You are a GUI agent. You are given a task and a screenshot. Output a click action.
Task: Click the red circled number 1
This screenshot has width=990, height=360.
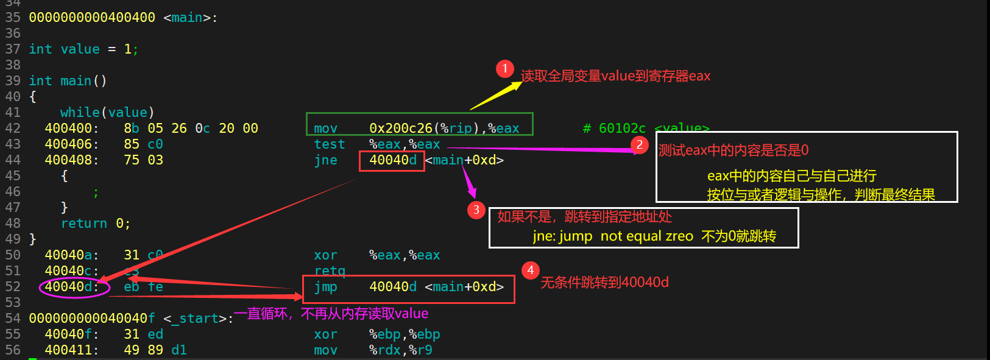point(504,69)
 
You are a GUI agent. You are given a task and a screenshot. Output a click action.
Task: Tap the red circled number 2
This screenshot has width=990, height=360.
point(639,144)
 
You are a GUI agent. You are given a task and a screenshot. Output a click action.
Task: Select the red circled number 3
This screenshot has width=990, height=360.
point(476,210)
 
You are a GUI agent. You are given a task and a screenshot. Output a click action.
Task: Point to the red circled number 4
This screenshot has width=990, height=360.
point(531,270)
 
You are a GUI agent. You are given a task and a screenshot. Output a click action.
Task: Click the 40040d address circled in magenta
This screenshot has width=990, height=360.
point(72,287)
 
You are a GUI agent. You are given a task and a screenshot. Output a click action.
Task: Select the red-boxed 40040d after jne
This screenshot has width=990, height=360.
point(393,160)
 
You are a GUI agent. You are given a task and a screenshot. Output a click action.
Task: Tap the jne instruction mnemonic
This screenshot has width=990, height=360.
point(326,160)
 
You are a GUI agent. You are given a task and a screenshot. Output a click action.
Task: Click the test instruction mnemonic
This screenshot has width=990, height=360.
point(330,144)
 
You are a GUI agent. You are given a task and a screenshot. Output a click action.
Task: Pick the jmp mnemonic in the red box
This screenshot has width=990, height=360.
point(326,287)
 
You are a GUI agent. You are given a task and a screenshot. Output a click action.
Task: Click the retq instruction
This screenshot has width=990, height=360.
point(330,270)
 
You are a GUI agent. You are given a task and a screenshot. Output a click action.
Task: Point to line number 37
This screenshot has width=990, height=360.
point(13,49)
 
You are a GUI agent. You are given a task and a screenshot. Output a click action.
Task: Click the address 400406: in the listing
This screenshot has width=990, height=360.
point(72,144)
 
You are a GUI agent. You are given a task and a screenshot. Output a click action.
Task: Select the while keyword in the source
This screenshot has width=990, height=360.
point(80,113)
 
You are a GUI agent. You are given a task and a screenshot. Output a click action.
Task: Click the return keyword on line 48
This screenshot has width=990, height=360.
point(84,224)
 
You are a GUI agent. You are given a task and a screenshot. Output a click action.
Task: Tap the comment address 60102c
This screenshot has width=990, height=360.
point(622,129)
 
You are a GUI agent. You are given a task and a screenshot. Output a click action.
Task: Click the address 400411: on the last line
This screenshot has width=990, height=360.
point(72,350)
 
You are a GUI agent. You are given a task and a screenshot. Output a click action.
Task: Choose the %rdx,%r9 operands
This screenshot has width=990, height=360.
point(401,350)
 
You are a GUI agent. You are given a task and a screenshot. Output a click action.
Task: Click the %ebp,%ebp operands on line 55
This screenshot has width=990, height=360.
point(405,334)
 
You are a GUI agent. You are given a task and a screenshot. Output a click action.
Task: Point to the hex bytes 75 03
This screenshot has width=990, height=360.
point(144,160)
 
